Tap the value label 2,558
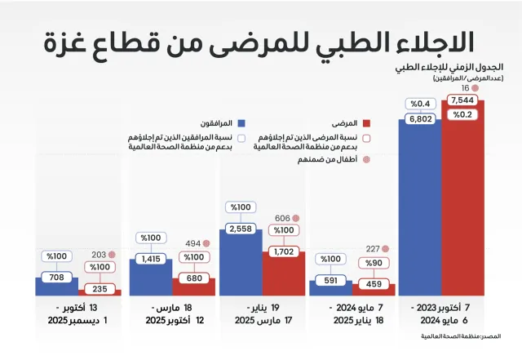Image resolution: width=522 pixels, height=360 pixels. tap(241, 229)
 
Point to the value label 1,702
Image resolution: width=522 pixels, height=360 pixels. tap(283, 252)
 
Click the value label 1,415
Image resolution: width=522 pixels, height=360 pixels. tap(151, 259)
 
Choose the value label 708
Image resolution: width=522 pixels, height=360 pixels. tap(55, 278)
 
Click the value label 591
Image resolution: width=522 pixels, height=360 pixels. tap(330, 280)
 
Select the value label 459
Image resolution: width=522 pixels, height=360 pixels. tap(374, 284)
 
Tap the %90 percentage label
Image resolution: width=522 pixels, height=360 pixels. tap(374, 263)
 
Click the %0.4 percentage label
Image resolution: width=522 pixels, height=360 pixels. tap(420, 104)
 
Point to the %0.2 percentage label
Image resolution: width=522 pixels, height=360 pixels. tap(463, 114)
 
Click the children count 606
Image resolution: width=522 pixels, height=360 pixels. tap(282, 219)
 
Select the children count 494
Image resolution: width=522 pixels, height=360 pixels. tap(193, 243)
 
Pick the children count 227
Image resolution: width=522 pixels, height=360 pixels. tap(373, 250)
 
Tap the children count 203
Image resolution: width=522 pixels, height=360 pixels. tap(99, 254)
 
